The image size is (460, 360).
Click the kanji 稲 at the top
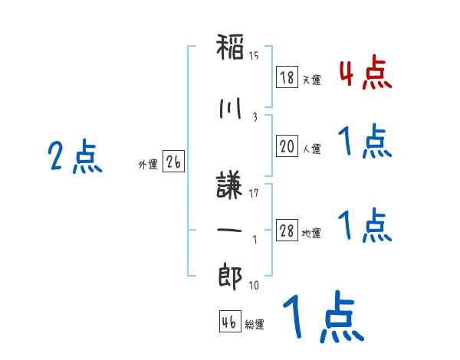coord(230,47)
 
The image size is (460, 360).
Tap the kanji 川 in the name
coord(230,108)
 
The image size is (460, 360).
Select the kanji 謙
coord(229,185)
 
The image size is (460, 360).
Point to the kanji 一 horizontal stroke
coord(229,230)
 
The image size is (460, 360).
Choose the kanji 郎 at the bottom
coord(230,276)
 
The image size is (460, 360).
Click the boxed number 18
coord(287,77)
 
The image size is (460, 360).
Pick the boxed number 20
coord(287,146)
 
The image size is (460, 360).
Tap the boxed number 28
coord(287,230)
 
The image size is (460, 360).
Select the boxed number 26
coord(173,162)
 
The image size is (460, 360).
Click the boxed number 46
coord(230,321)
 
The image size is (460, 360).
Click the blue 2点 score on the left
coord(75,156)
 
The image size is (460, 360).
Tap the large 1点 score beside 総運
coord(324,316)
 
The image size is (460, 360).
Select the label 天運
coord(311,80)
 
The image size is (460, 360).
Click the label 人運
coord(311,149)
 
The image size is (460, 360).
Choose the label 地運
coord(311,233)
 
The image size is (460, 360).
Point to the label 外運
coord(148,165)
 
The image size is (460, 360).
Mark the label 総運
coord(255,324)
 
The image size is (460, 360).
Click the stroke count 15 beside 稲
coord(254,55)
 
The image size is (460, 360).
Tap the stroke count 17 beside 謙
coord(254,193)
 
